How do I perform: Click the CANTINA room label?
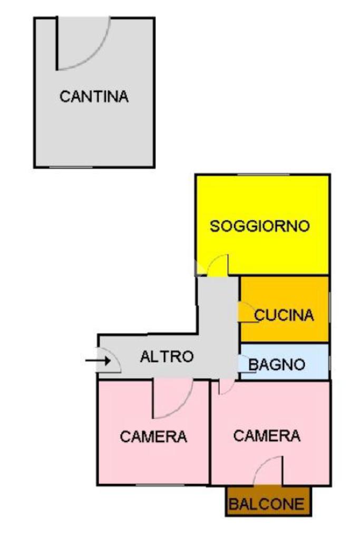click(x=94, y=97)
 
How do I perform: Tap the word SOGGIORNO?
click(x=259, y=226)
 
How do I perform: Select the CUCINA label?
click(x=284, y=315)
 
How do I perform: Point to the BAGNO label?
click(x=277, y=364)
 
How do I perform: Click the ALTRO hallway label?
click(x=167, y=356)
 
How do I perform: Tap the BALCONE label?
click(x=268, y=505)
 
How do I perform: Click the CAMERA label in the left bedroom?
click(x=153, y=437)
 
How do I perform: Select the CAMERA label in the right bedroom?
click(x=267, y=436)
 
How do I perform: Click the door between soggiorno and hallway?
click(x=218, y=265)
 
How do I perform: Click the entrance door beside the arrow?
click(x=110, y=361)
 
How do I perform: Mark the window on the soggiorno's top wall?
click(x=262, y=175)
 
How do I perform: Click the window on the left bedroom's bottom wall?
click(x=153, y=484)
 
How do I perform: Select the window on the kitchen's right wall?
click(x=329, y=309)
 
